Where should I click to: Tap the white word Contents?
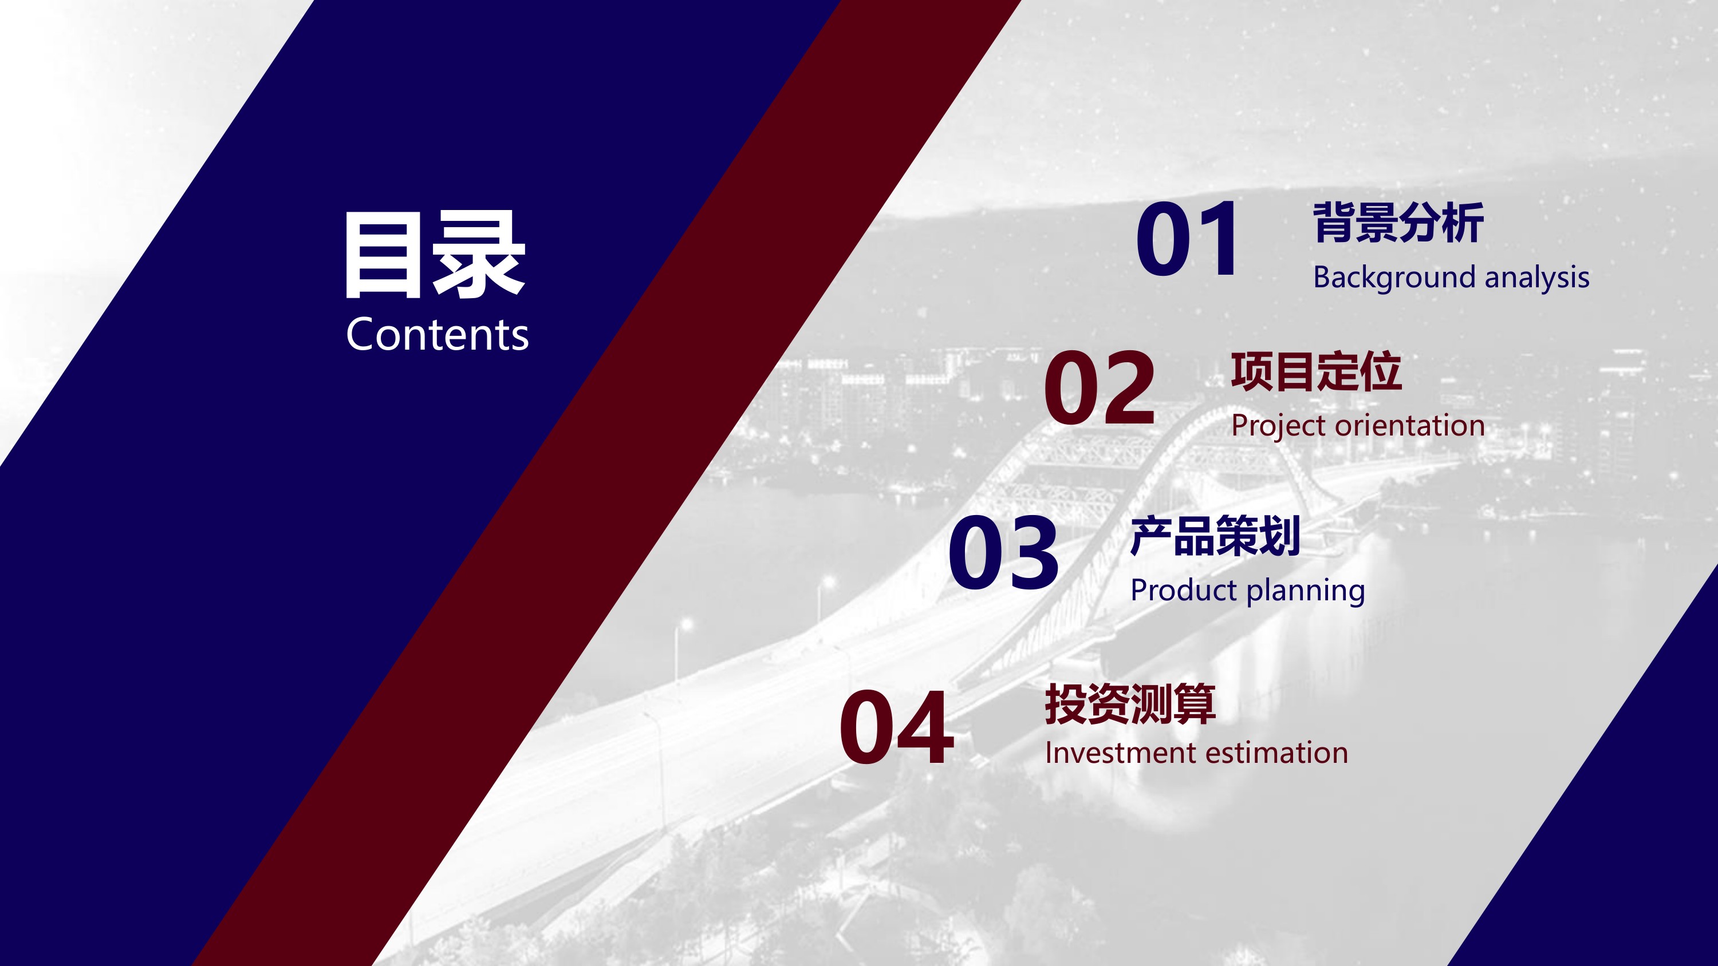[x=438, y=334]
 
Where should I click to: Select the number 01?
[x=1188, y=239]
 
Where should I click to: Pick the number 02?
[x=1100, y=388]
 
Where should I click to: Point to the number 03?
[x=1003, y=552]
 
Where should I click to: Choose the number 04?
[x=896, y=727]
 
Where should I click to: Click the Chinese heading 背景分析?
[x=1398, y=223]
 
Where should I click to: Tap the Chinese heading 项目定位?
[x=1316, y=371]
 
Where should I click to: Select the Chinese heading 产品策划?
[x=1215, y=536]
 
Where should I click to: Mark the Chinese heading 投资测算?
[x=1130, y=704]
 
